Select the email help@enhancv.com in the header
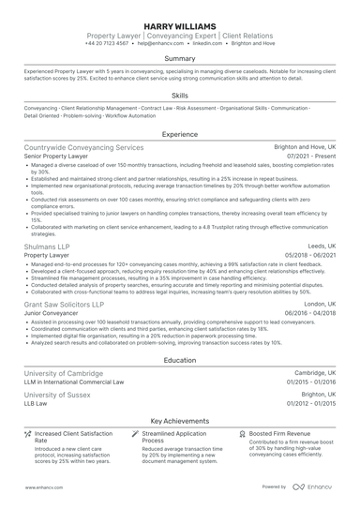point(162,43)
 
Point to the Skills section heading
point(179,96)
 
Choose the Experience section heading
point(179,134)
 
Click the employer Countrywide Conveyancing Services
point(83,147)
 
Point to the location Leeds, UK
point(319,245)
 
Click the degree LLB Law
point(40,403)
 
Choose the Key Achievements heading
point(179,422)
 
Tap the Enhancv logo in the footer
point(312,487)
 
